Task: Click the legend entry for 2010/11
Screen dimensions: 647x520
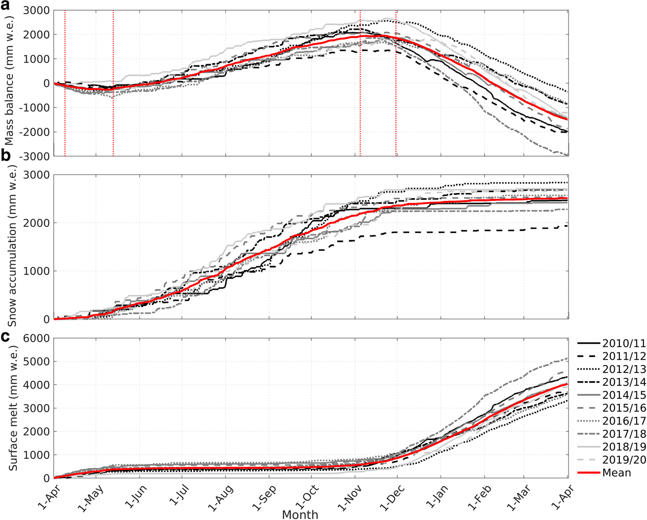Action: tap(612, 343)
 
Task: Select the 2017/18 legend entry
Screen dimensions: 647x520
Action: tap(612, 434)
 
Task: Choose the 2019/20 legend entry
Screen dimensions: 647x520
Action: tap(612, 459)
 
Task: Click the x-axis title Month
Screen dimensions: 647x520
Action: tap(300, 514)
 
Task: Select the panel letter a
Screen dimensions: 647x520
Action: tap(6, 6)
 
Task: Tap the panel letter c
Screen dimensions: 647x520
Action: tap(6, 337)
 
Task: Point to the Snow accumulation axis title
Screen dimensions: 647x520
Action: tap(11, 247)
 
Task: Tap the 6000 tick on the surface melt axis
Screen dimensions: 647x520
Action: tap(36, 338)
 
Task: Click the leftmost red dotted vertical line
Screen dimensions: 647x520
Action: tap(65, 83)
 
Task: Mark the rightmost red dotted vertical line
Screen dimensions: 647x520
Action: tap(396, 83)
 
